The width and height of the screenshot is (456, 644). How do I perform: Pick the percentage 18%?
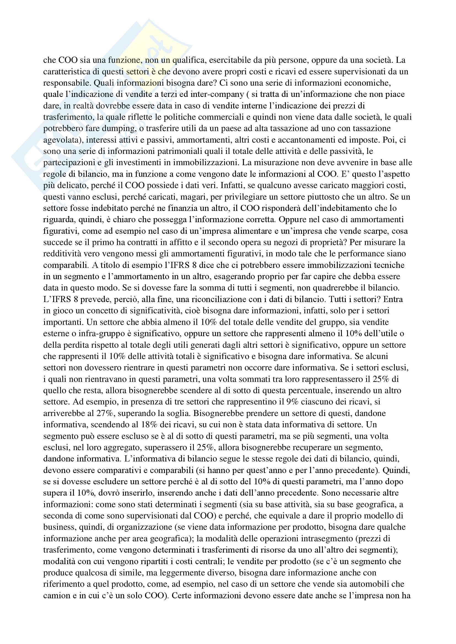pyautogui.click(x=149, y=425)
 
